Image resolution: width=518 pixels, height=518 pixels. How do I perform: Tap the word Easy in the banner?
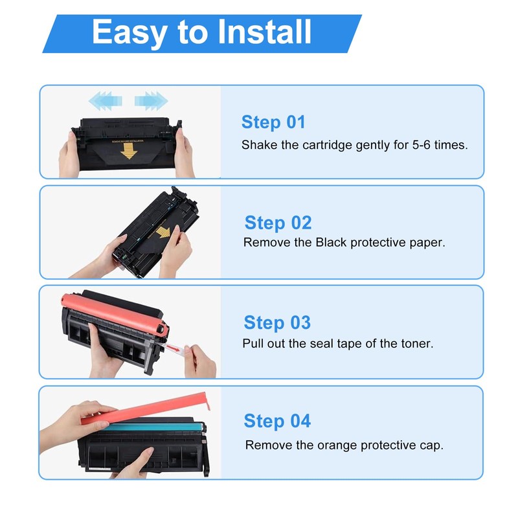tap(129, 33)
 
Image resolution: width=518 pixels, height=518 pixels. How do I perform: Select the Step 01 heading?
tap(273, 122)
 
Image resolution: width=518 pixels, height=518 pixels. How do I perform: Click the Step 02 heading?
tap(278, 222)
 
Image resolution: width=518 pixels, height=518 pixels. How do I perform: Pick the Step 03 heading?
tap(277, 322)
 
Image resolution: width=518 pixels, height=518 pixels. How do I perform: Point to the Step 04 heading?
tap(277, 421)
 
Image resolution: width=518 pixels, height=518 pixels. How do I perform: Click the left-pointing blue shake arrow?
tap(106, 100)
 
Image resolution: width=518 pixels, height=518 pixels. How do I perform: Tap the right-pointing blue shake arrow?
tap(151, 100)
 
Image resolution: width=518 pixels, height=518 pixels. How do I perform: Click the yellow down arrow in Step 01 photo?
tap(128, 152)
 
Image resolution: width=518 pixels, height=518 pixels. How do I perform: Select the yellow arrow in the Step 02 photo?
tap(163, 232)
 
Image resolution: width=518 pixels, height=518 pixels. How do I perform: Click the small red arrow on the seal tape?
tap(173, 348)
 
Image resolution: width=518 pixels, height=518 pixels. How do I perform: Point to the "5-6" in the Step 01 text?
tap(422, 144)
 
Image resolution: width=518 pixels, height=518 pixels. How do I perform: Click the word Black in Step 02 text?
tap(331, 242)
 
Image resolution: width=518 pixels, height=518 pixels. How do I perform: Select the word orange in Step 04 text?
tap(337, 445)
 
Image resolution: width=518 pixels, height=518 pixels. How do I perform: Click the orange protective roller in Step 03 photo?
tap(114, 314)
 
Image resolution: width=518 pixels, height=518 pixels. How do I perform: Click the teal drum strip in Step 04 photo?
tap(153, 427)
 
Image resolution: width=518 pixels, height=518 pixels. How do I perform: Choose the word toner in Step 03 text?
tap(417, 344)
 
